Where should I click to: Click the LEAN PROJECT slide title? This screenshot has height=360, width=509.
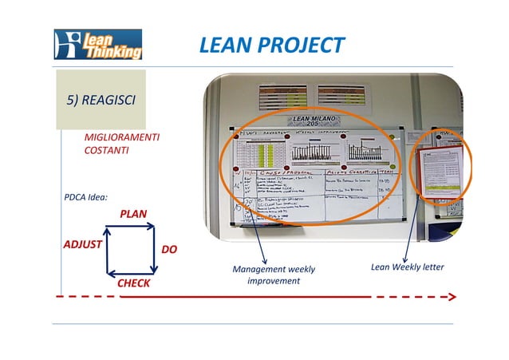coord(271,45)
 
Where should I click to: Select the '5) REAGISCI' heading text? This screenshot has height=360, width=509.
coord(100,100)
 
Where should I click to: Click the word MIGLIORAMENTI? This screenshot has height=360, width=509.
coord(121,138)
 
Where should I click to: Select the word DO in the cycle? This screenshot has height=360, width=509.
coord(169,250)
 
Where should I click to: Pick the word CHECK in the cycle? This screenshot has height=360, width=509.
coord(133,283)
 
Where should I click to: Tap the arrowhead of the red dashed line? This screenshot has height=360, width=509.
coord(452,296)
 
